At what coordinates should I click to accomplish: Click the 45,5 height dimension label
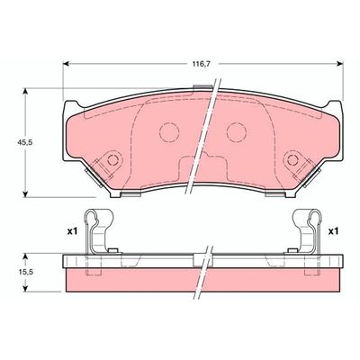[x=24, y=143]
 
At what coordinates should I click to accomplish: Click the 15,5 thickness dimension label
[x=24, y=273]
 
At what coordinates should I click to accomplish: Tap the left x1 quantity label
[x=72, y=231]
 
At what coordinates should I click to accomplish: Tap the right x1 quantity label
[x=333, y=231]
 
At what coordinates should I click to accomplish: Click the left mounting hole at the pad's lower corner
[x=112, y=160]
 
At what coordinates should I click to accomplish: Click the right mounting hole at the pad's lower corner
[x=292, y=160]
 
